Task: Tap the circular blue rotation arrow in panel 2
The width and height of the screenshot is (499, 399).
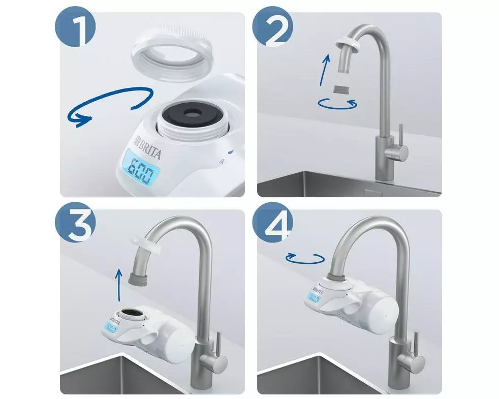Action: click(338, 104)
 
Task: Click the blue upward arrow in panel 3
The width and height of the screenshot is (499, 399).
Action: click(118, 285)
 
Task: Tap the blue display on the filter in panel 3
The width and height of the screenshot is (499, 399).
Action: click(110, 329)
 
